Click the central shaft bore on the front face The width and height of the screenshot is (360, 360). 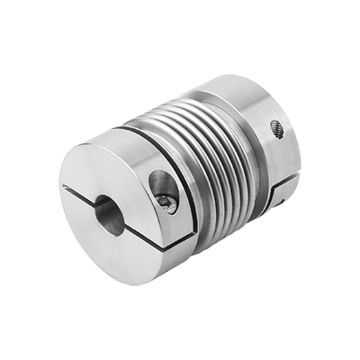(109, 215)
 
